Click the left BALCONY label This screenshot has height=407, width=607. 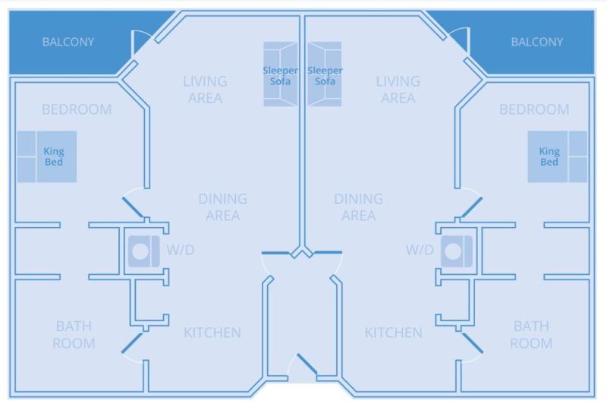pyautogui.click(x=68, y=42)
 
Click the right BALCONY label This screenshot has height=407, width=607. pyautogui.click(x=537, y=42)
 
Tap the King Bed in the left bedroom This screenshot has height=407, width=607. pyautogui.click(x=47, y=156)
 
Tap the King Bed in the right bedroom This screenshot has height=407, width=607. pyautogui.click(x=558, y=156)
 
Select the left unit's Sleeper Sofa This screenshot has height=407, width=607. pyautogui.click(x=280, y=74)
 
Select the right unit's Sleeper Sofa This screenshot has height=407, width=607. pyautogui.click(x=325, y=74)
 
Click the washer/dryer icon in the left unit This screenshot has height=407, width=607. pyautogui.click(x=143, y=251)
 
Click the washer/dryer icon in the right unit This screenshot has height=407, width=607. pyautogui.click(x=457, y=251)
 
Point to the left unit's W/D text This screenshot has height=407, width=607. pyautogui.click(x=181, y=250)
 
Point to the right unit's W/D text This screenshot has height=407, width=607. pyautogui.click(x=420, y=250)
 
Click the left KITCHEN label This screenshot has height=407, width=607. pyautogui.click(x=212, y=333)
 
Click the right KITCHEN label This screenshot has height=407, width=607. pyautogui.click(x=393, y=333)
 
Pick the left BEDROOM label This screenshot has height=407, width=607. pyautogui.click(x=77, y=109)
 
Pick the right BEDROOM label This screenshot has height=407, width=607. pyautogui.click(x=534, y=109)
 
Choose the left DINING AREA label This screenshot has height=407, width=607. pyautogui.click(x=223, y=207)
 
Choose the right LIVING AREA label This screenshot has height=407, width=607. pyautogui.click(x=398, y=90)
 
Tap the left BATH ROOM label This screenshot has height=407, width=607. pyautogui.click(x=74, y=335)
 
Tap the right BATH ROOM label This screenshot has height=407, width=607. pyautogui.click(x=531, y=335)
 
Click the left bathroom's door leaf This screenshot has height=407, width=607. pyautogui.click(x=132, y=343)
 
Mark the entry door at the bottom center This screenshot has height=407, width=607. pyautogui.click(x=307, y=364)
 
